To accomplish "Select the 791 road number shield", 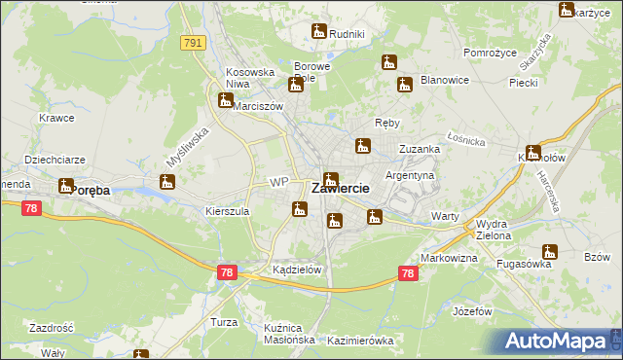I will pos(193,43).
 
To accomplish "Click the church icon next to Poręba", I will pos(66,185).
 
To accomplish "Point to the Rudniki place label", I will pos(347,35).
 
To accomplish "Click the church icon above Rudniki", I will pos(318,32).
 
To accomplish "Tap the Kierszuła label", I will pos(228,210).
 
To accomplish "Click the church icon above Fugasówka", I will pos(549,252).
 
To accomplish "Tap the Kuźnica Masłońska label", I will pos(289,334).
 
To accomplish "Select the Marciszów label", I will pos(258,106).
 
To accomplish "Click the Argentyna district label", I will pos(410,175).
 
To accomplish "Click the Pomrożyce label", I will pos(489,52).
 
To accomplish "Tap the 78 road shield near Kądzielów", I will pos(227,273).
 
